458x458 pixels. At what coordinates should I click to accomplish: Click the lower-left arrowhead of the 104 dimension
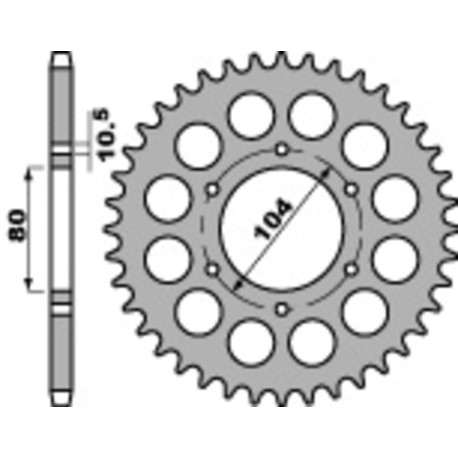(x=236, y=286)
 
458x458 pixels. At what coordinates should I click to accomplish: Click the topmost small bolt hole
(x=282, y=150)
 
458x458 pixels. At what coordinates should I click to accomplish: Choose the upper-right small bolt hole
(x=350, y=190)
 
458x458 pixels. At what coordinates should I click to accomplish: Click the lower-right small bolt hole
(x=350, y=268)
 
